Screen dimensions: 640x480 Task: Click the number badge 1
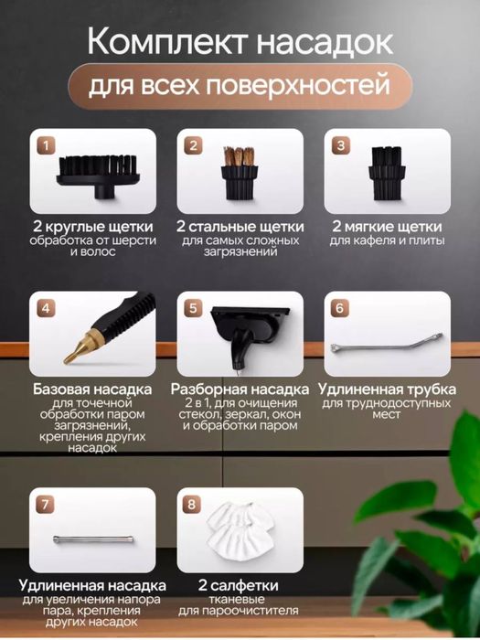[45, 144]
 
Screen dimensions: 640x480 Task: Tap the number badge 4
[45, 307]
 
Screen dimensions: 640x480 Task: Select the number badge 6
[339, 307]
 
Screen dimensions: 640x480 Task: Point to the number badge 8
[192, 505]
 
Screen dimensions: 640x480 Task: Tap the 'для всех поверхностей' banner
[239, 90]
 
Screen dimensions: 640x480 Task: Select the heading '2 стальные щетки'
[240, 226]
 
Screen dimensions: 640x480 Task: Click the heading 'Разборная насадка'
[240, 389]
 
